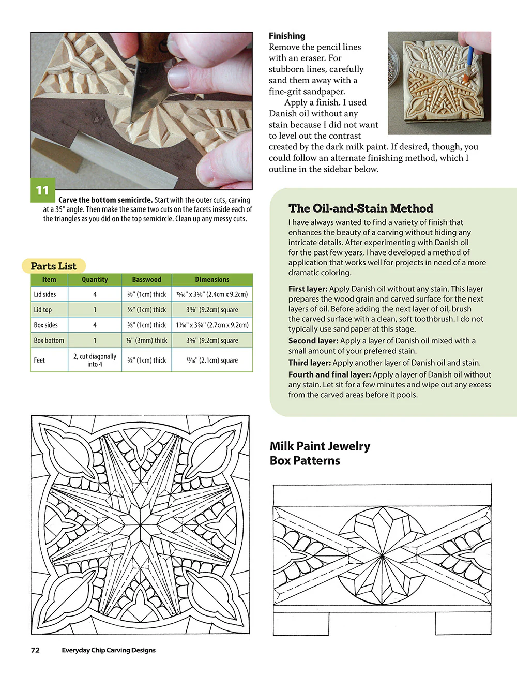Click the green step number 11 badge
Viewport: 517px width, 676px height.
(x=42, y=190)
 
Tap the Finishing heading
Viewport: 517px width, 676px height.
(x=287, y=36)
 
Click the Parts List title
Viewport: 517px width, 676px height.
(x=53, y=266)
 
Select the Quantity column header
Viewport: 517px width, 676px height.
(x=95, y=279)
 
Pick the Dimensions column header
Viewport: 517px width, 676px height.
(x=212, y=279)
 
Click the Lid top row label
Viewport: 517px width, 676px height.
(x=43, y=310)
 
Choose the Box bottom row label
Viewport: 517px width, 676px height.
(x=49, y=340)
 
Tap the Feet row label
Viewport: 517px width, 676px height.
(x=39, y=360)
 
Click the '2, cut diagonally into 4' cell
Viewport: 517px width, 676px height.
(x=95, y=360)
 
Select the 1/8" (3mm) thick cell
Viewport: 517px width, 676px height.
(x=147, y=340)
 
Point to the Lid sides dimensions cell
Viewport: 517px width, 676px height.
(x=212, y=294)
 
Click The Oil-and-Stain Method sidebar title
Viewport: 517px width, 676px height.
(x=360, y=208)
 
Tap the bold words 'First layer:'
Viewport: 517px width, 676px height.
(x=308, y=289)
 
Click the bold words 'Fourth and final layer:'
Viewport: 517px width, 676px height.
(x=329, y=374)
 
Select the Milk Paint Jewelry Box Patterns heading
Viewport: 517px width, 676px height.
(x=320, y=453)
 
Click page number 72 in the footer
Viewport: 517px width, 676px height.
(x=35, y=650)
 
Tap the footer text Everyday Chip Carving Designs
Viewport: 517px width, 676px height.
(x=109, y=650)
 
